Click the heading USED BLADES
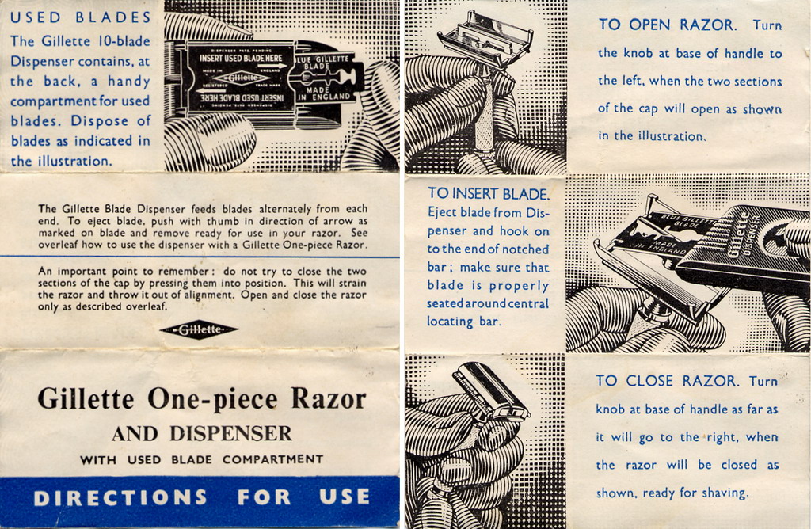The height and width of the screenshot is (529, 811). (81, 17)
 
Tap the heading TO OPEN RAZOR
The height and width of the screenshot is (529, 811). (667, 25)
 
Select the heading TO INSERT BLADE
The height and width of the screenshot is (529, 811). (489, 194)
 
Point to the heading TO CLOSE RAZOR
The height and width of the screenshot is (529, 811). (667, 381)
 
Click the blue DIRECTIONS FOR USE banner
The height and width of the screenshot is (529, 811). (200, 497)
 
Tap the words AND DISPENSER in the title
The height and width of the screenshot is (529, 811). (202, 433)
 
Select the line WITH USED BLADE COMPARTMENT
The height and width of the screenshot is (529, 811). (202, 459)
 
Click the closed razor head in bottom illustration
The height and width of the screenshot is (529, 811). (491, 390)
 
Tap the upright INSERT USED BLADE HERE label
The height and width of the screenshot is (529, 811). (241, 58)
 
